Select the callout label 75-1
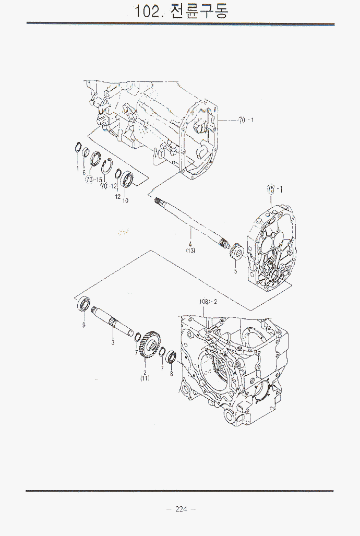pos(274,188)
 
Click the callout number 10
pos(125,200)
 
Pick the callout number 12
pos(117,197)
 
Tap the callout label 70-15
pos(94,180)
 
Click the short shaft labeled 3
pos(112,323)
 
